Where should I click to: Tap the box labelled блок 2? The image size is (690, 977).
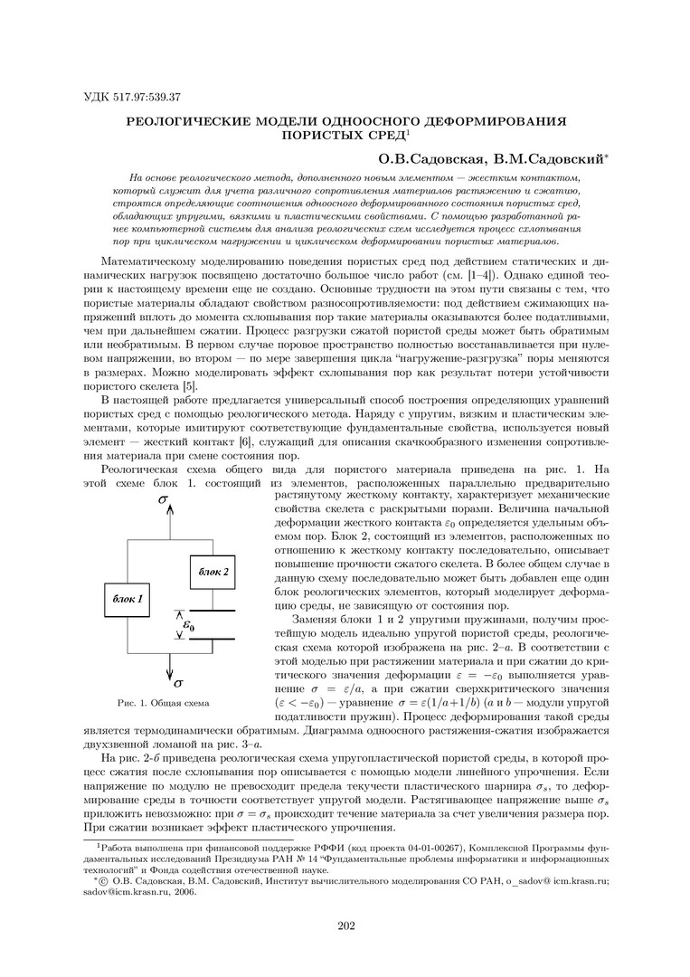tap(213, 571)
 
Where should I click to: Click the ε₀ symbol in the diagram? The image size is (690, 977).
tap(189, 624)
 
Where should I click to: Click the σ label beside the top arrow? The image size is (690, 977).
tap(162, 498)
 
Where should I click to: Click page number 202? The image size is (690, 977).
tap(345, 924)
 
